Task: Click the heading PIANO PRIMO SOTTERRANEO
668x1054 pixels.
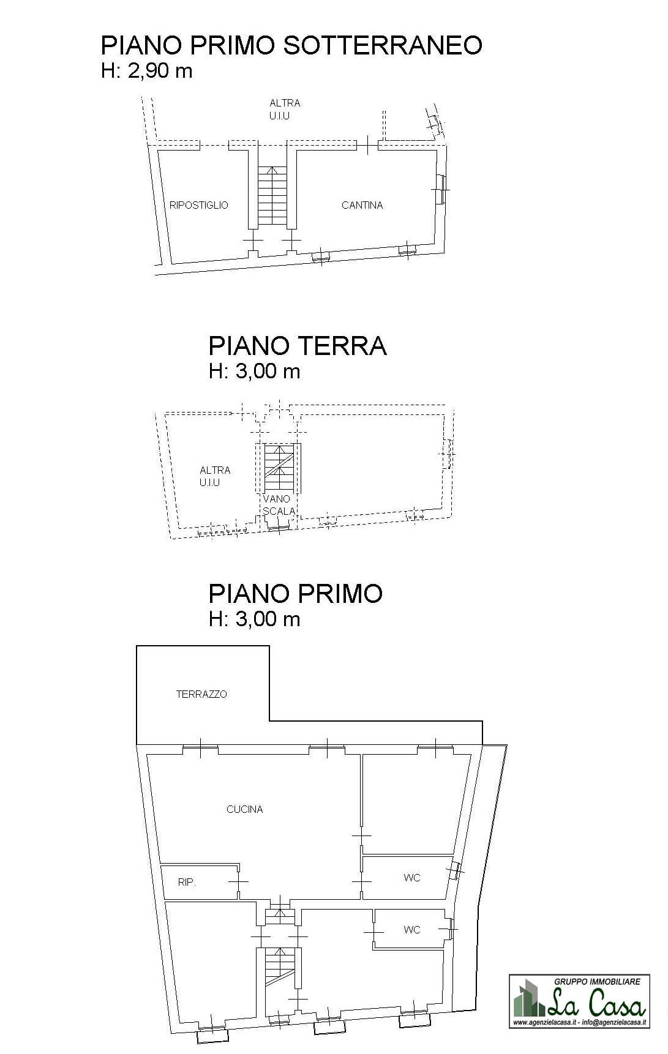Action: point(291,45)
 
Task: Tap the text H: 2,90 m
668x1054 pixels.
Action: point(146,71)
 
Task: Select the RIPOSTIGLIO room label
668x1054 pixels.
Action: point(198,205)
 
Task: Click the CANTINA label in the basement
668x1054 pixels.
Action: point(362,205)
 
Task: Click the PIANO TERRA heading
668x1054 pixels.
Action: point(298,346)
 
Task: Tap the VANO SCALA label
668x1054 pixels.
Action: point(279,505)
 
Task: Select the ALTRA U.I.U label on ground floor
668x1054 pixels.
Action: point(215,476)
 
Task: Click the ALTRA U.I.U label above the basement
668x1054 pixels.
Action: point(284,109)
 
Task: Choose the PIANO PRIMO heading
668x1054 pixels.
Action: point(295,593)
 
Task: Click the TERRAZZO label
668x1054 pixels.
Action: point(201,694)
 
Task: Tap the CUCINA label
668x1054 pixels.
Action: point(244,809)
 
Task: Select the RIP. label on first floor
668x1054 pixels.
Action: point(187,882)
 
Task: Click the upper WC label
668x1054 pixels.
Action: point(412,878)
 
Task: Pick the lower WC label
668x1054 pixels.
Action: point(412,930)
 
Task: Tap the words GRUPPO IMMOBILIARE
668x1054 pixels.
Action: point(597,981)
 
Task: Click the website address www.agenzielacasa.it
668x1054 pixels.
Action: point(545,1023)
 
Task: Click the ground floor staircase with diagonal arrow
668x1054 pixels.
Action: point(278,467)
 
